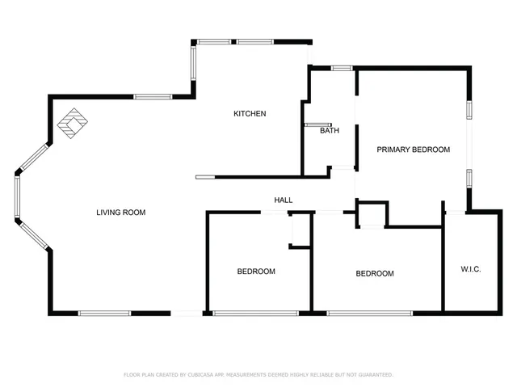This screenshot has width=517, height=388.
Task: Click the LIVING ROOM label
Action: click(x=120, y=213)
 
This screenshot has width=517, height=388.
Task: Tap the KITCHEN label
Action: click(x=250, y=114)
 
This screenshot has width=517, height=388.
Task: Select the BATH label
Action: click(x=329, y=131)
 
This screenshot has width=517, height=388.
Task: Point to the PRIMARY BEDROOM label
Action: click(x=413, y=150)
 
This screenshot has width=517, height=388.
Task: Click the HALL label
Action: click(x=283, y=200)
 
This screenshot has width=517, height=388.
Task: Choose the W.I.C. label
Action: click(x=470, y=268)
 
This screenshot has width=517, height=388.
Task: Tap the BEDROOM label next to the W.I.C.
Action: click(x=375, y=274)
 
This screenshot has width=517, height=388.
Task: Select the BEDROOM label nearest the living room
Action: click(x=256, y=272)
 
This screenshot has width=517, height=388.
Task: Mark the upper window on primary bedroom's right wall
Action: click(x=469, y=111)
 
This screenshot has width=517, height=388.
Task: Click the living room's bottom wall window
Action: click(x=104, y=313)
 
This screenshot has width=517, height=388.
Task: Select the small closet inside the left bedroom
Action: click(x=300, y=230)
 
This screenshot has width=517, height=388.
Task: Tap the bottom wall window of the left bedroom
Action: click(x=255, y=313)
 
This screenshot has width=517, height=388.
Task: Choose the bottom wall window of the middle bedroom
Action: click(x=369, y=313)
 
